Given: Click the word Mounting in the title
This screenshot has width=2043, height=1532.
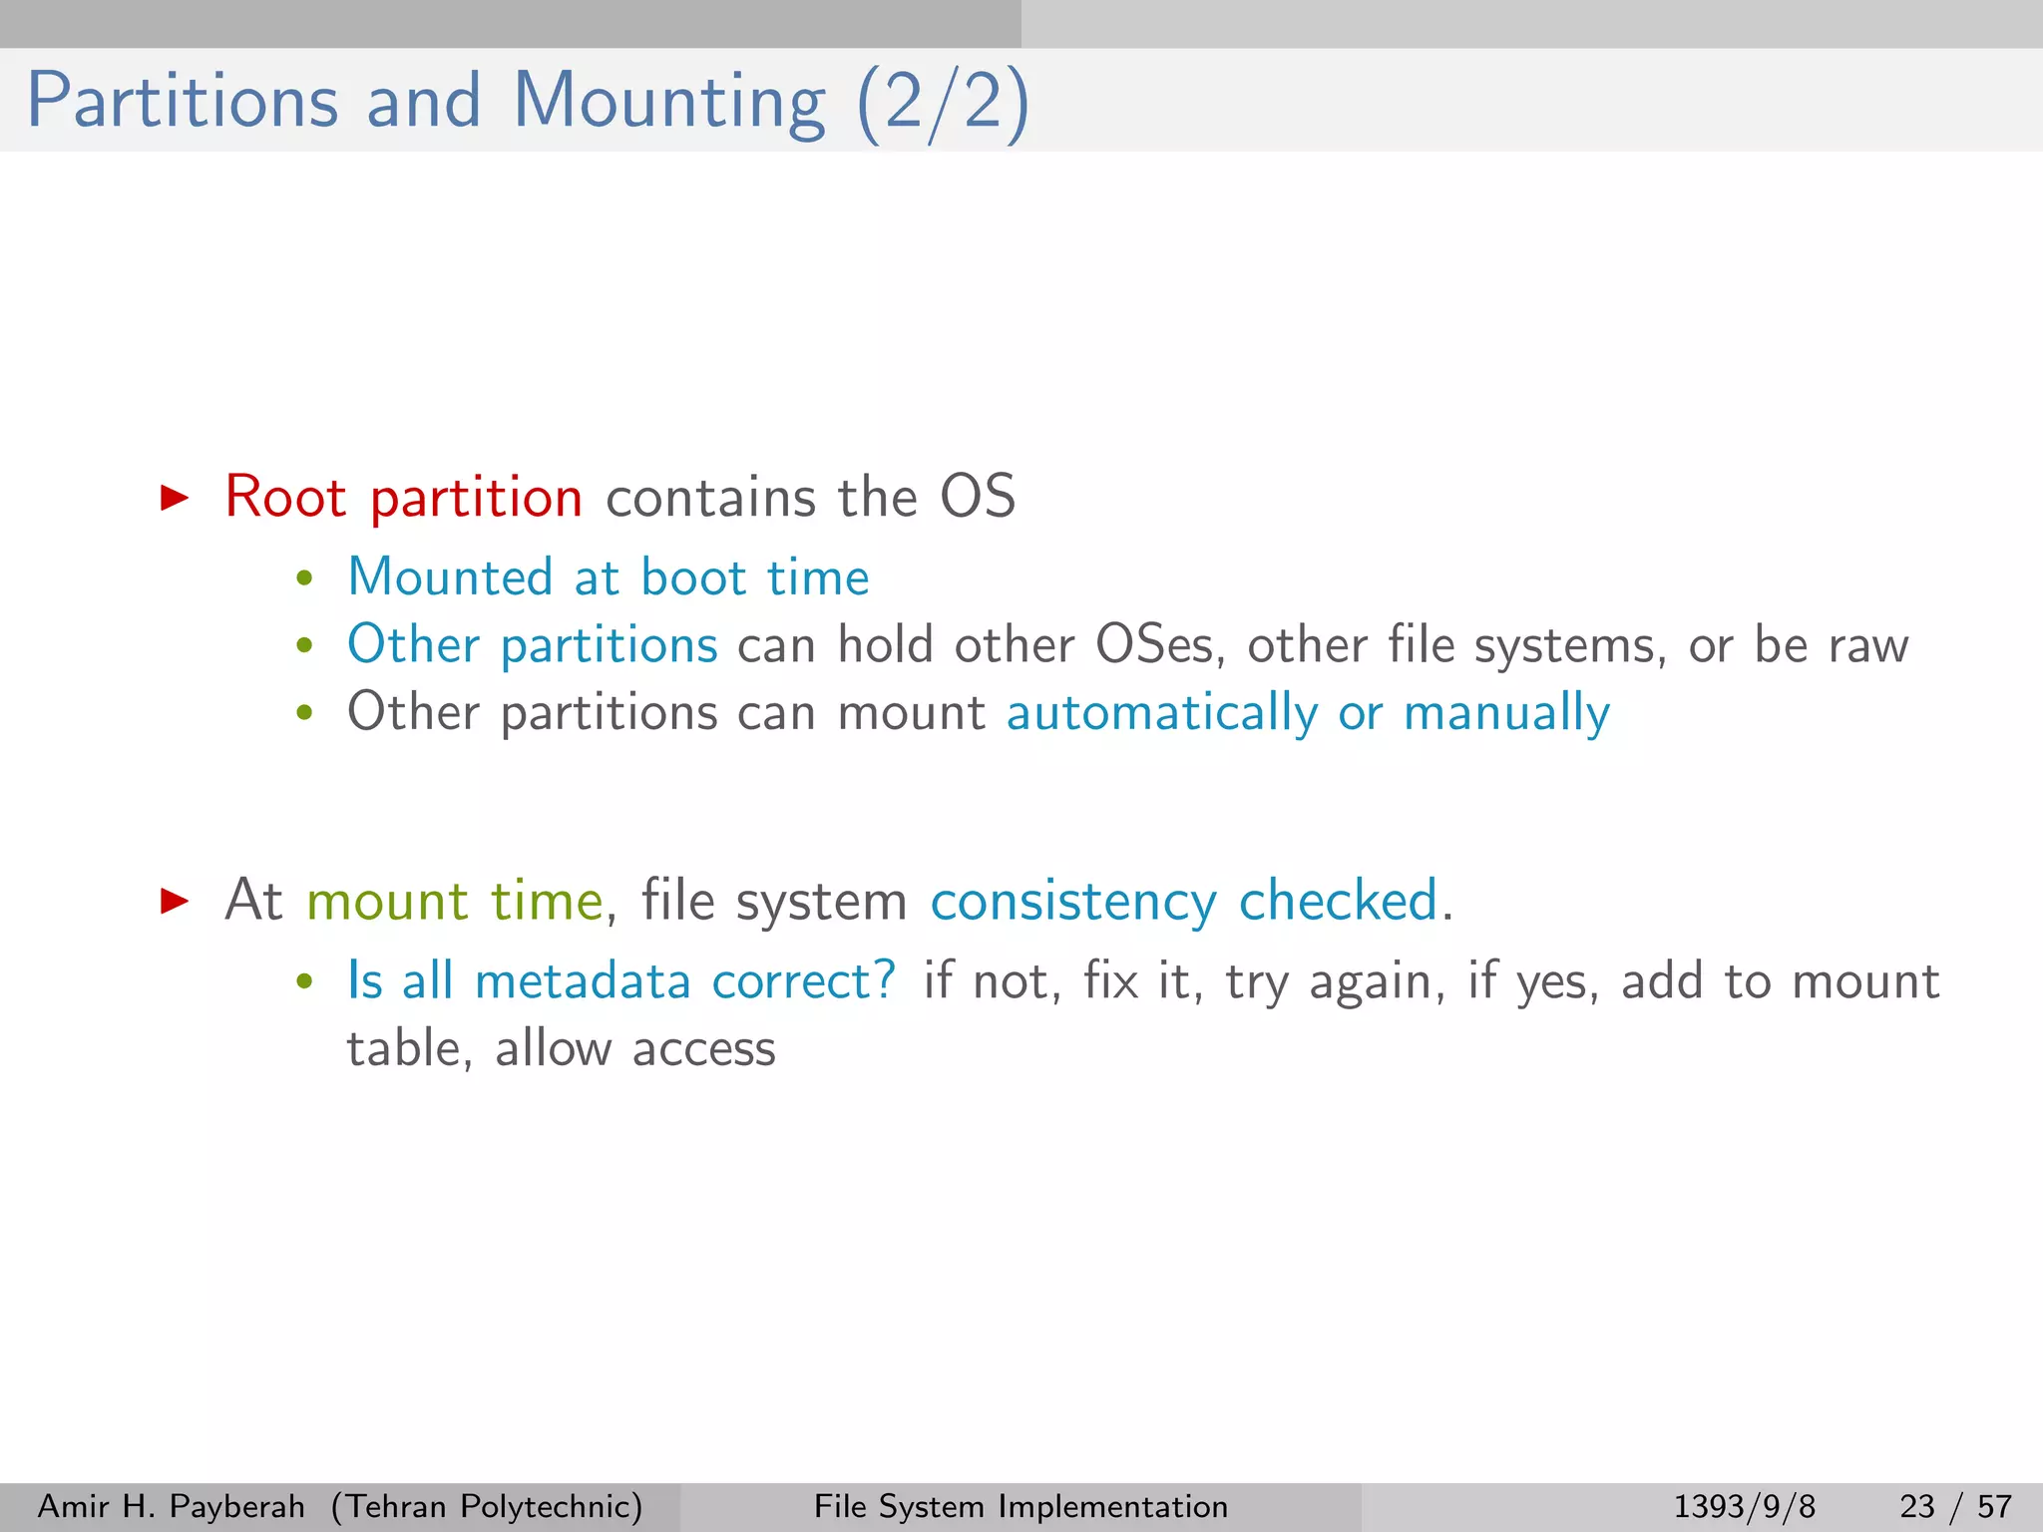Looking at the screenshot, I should pos(668,102).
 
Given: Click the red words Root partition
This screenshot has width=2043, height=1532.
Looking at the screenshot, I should pos(403,497).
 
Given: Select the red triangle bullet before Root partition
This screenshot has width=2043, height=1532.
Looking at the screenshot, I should pos(175,497).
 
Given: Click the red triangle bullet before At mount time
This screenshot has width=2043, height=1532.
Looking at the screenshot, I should pos(175,901).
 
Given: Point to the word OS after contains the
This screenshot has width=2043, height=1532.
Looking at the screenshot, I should pos(977,497).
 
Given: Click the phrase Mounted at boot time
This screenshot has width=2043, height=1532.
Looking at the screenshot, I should pos(608,577).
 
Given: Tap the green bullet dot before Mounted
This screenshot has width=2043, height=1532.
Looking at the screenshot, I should pos(304,579).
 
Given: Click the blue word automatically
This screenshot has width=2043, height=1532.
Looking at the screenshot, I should pos(1161,713).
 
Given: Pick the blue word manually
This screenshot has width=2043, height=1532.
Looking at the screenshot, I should pos(1506,713).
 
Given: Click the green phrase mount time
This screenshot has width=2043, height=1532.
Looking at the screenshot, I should pos(455,901).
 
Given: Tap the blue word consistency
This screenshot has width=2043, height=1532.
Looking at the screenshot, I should pos(1072,901).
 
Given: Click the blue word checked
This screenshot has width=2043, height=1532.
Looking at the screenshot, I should pos(1338,900).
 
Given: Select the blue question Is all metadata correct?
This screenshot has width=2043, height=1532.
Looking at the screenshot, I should pos(620,981).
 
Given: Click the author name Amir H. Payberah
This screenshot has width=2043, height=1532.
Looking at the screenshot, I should pos(171,1506).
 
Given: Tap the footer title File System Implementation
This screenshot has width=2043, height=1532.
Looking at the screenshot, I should pos(1021,1506).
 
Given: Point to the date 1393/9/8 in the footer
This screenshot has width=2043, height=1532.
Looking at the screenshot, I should pos(1744,1506).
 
